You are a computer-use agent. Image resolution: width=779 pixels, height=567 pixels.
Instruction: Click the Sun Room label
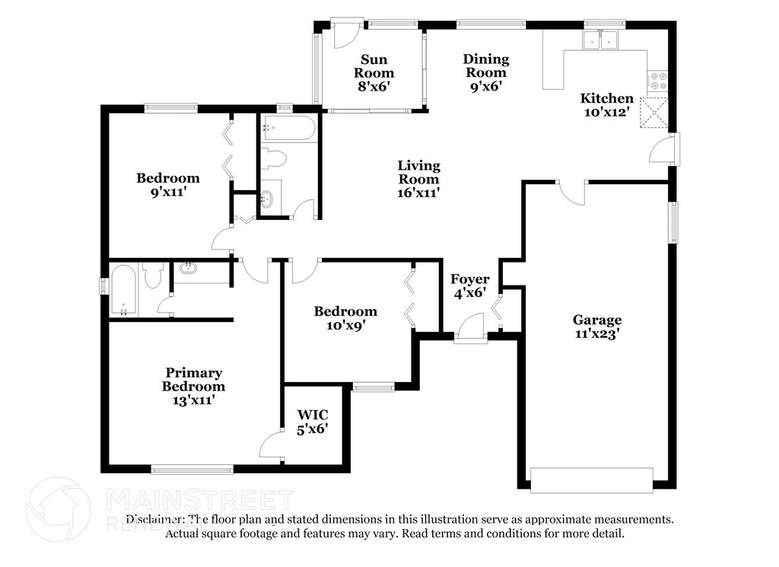tap(374, 66)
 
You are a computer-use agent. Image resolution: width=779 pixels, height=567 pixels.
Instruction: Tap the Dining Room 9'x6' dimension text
tap(486, 86)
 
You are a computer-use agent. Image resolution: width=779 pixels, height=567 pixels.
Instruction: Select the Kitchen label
tap(606, 98)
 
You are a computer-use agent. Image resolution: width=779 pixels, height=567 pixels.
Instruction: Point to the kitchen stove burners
tap(658, 81)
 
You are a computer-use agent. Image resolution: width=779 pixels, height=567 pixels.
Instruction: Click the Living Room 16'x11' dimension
tap(419, 193)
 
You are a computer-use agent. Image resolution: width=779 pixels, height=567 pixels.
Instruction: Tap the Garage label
tap(597, 320)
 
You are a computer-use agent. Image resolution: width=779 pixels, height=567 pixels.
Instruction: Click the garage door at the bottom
tap(591, 480)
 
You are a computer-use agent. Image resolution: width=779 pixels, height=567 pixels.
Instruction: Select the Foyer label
tap(469, 279)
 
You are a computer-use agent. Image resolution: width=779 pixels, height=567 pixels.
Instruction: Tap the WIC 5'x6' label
tap(313, 422)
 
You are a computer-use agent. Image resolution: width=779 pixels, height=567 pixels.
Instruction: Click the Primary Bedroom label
tap(194, 379)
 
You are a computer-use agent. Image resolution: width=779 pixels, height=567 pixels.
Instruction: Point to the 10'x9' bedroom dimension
tap(345, 325)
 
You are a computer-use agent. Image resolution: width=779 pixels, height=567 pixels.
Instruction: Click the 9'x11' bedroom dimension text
tap(168, 192)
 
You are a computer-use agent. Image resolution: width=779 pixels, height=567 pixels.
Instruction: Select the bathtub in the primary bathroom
tap(123, 289)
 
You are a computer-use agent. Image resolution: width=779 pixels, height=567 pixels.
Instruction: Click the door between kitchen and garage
tap(570, 191)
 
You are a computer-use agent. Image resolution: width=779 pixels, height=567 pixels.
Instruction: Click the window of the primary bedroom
tap(192, 470)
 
